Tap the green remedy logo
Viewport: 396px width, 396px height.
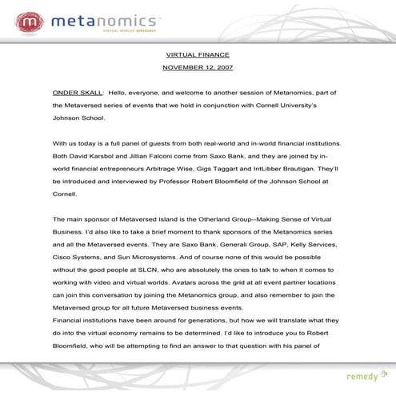click(364, 376)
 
